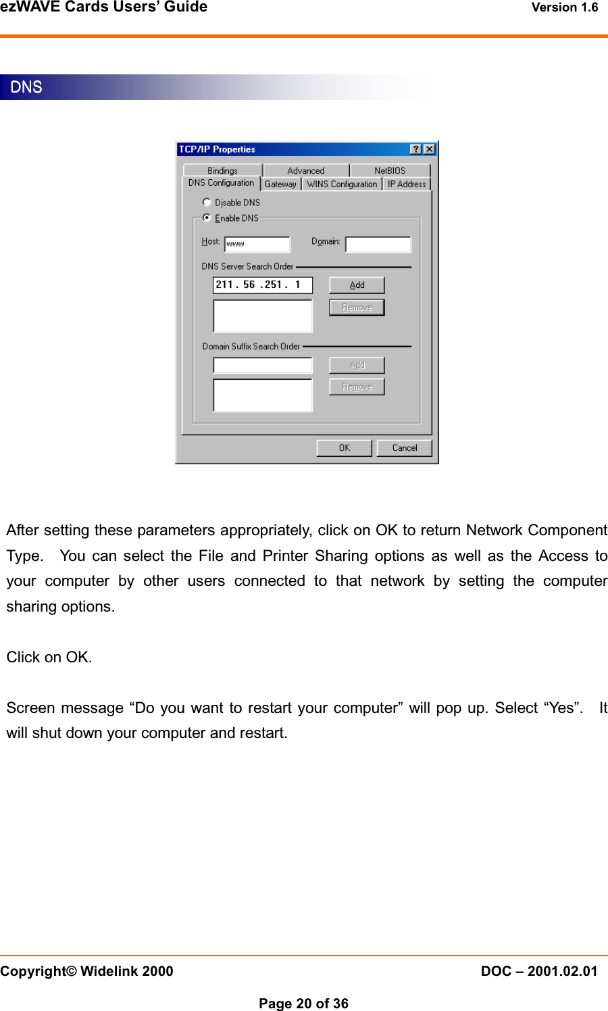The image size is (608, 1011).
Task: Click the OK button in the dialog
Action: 345,448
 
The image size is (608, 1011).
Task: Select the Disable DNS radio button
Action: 207,202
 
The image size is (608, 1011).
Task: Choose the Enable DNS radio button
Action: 207,218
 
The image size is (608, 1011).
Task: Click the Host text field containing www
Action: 257,244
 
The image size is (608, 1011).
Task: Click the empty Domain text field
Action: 378,244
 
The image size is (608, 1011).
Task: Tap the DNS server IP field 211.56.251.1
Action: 262,285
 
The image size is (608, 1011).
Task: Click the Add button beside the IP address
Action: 357,285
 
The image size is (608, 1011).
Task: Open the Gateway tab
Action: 280,184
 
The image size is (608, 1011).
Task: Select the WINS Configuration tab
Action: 342,184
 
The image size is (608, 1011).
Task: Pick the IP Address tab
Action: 407,184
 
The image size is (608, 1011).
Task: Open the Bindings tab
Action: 222,171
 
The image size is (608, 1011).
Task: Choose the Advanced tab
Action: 305,171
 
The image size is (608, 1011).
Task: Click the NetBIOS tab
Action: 390,171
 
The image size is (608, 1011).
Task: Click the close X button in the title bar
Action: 429,149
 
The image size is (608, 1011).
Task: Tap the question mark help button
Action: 416,149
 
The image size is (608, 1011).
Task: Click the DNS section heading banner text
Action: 26,87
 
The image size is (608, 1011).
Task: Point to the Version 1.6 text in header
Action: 565,7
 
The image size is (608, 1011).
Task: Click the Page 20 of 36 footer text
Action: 303,1004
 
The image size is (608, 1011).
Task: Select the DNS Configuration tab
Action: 221,183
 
